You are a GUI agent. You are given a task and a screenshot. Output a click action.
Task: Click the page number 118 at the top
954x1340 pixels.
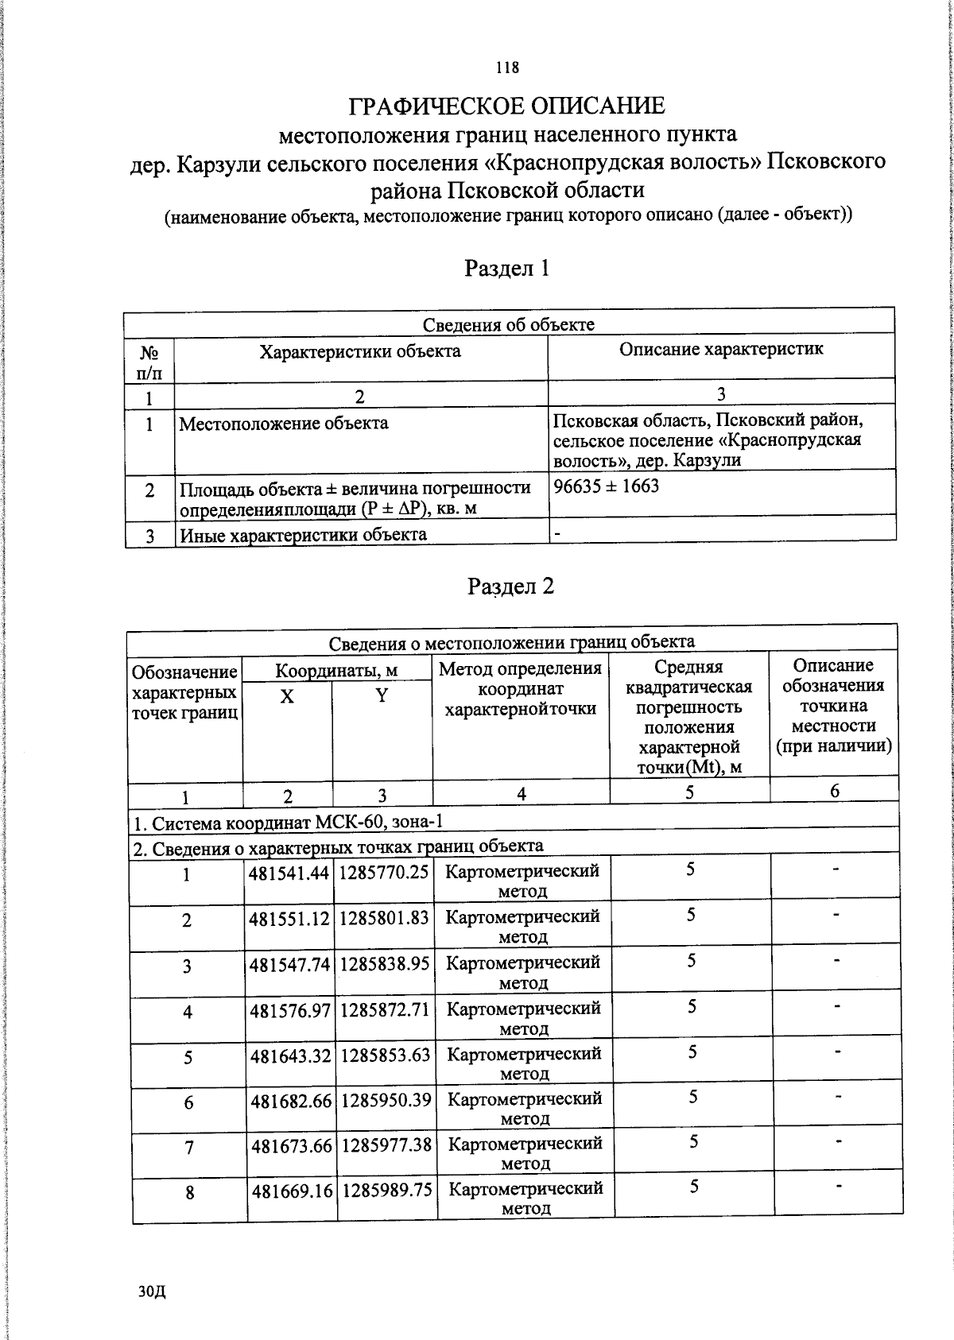507,68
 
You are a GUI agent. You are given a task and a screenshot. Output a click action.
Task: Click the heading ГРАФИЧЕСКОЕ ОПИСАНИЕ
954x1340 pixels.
507,105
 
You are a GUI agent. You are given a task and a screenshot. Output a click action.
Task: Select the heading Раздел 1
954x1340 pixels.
507,268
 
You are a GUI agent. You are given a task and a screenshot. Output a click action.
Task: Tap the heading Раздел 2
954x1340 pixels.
510,586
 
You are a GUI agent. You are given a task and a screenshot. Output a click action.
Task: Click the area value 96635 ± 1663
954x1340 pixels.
607,486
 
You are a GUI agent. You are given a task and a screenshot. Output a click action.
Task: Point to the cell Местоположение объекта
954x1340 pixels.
284,423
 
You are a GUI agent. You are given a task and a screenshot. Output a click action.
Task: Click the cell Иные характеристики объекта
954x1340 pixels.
304,534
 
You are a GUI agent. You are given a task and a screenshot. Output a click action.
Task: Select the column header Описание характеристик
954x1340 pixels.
721,348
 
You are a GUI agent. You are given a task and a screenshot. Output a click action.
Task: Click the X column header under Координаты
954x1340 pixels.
287,696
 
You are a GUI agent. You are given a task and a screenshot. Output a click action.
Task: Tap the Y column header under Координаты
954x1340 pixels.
382,695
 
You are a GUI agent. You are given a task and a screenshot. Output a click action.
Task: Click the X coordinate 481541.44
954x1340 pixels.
289,873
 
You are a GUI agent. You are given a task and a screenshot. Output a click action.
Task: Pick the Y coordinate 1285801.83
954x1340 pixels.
385,918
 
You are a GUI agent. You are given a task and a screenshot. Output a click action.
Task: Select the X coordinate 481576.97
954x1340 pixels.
290,1010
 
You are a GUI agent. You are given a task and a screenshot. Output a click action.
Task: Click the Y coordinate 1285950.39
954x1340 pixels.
386,1100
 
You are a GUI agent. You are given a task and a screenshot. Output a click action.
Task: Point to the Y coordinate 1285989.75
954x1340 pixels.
387,1191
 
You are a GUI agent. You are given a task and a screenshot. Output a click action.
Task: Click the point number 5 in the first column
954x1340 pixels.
188,1058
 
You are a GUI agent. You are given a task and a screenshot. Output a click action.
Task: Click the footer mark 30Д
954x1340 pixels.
151,1292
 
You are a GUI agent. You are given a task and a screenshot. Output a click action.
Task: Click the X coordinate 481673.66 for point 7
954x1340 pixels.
291,1146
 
